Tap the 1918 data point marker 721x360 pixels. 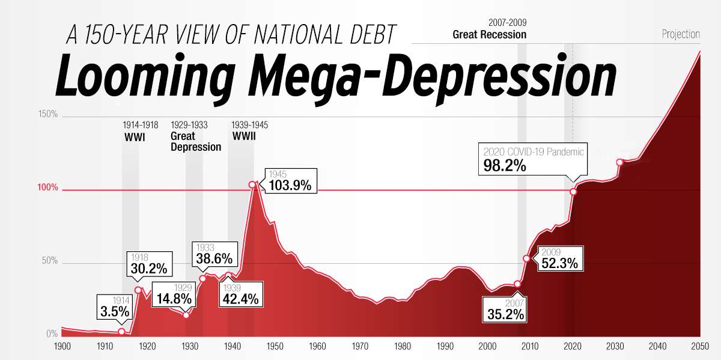point(138,290)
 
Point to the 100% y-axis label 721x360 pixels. point(48,188)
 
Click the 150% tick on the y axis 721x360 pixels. point(48,114)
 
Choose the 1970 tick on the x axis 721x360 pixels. point(360,346)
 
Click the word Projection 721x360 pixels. point(681,34)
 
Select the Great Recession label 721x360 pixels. point(489,34)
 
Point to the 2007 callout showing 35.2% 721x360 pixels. point(505,309)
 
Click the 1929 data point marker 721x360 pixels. point(186,315)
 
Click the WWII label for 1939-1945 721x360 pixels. point(244,136)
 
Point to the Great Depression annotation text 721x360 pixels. point(196,141)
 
